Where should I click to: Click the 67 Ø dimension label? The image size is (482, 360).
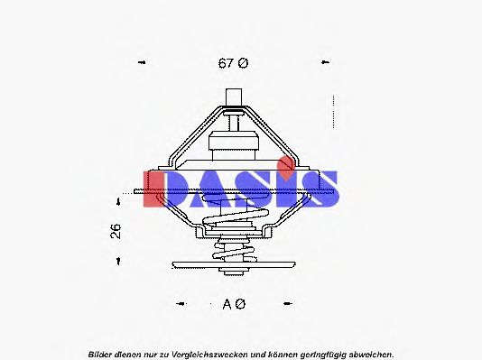pos(232,63)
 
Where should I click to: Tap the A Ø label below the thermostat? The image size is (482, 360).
pos(233,304)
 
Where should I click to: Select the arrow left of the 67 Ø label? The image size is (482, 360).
pos(141,63)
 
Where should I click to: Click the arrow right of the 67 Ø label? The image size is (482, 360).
pos(324,63)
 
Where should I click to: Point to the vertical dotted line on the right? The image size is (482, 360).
pos(334,113)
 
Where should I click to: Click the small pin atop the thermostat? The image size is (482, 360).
pos(234,98)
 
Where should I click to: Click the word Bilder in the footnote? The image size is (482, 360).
pos(102,354)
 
